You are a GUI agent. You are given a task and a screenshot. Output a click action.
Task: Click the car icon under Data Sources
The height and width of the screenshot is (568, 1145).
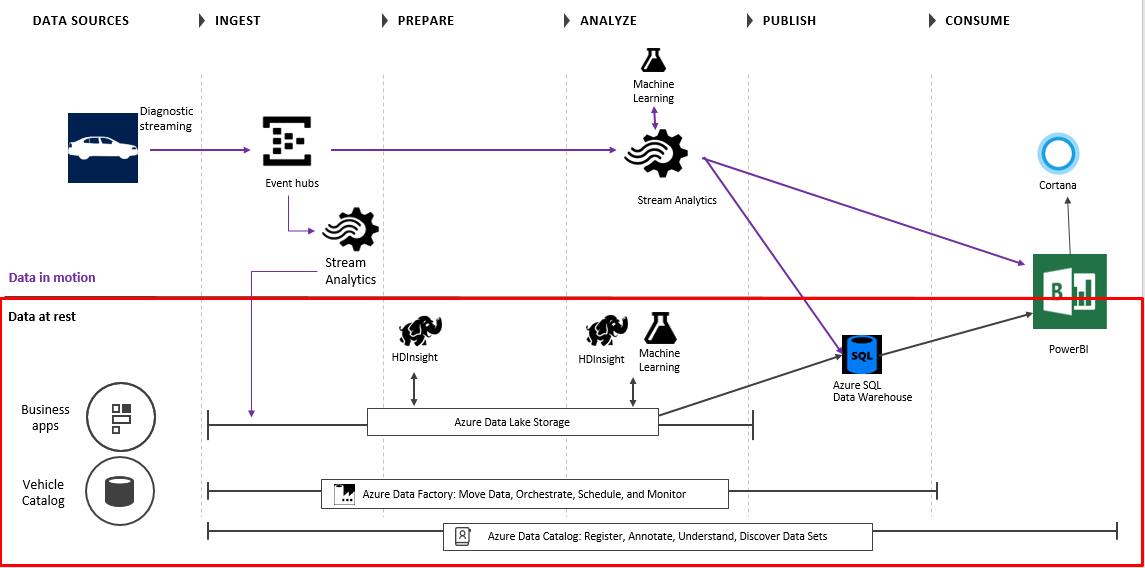(102, 148)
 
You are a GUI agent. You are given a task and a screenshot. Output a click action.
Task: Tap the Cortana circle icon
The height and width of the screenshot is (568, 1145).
(1057, 155)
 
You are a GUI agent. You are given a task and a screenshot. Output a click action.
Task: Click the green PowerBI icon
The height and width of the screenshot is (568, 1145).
(1070, 291)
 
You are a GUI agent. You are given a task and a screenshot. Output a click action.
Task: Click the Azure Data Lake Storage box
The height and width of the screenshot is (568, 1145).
(512, 422)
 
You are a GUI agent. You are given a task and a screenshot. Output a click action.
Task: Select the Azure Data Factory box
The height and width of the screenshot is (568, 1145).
(524, 494)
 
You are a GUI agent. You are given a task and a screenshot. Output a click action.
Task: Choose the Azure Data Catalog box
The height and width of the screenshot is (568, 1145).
(657, 537)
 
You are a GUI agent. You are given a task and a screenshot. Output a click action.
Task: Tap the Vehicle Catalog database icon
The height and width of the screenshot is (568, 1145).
(120, 491)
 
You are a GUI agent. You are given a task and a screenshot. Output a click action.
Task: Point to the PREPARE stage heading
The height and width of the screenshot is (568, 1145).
(425, 20)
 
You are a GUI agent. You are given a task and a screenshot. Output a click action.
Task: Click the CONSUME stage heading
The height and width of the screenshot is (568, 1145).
(977, 20)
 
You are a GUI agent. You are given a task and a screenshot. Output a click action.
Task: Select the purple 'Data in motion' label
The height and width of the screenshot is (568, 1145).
(52, 278)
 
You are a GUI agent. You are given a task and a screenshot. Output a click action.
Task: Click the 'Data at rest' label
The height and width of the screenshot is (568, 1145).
(42, 317)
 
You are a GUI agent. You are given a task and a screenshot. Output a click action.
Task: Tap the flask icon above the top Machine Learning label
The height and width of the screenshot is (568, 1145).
(653, 59)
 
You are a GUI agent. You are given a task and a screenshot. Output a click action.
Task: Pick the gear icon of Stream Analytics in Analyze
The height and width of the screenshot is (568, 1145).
(656, 157)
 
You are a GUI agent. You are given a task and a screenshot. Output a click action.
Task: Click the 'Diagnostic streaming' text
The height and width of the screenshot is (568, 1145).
(167, 119)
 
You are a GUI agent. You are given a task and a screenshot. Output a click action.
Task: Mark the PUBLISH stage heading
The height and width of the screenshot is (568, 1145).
(789, 20)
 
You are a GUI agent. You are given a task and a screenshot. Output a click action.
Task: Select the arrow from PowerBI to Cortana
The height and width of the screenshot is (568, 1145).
(1069, 225)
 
